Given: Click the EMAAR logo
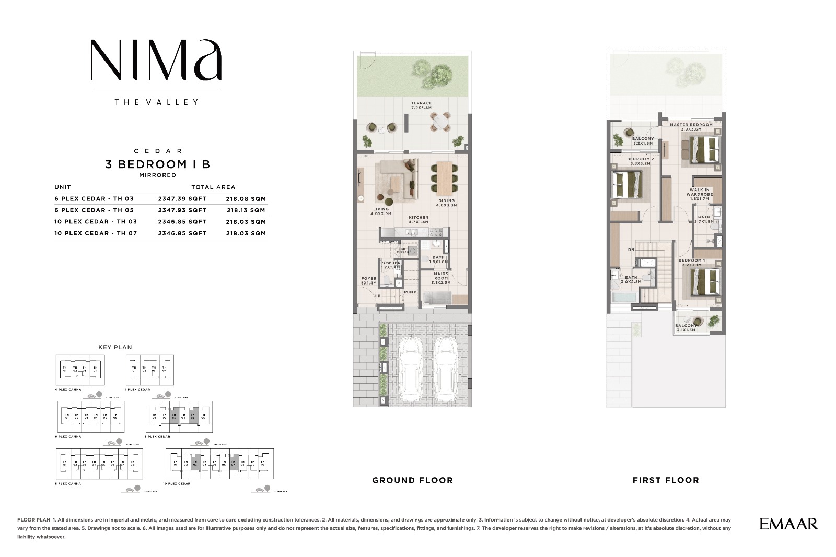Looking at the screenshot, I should coord(788,524).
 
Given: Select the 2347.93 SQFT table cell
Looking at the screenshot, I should coord(182,210).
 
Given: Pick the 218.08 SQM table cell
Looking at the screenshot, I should coord(246,199).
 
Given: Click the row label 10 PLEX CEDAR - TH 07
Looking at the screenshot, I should coord(96,233).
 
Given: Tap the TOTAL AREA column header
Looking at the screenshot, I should coord(213,187).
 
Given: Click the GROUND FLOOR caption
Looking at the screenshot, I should coord(412,480).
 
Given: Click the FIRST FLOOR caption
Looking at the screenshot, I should coord(665,480).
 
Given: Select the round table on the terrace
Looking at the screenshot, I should coord(439,122).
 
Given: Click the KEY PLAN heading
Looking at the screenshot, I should coord(115,347).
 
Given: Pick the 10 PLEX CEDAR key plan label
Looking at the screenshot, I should coord(176,484).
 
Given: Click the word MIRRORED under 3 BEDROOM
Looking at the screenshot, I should coord(157,175).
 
